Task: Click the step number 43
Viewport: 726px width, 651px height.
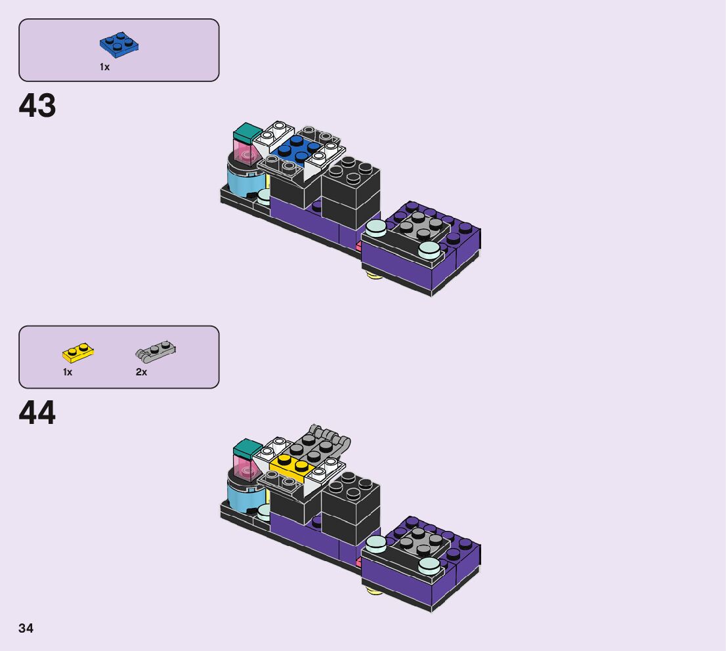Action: point(37,106)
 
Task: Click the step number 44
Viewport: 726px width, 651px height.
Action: point(37,413)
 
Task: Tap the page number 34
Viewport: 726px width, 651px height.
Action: point(26,629)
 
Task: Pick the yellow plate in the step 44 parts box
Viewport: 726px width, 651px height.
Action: point(78,353)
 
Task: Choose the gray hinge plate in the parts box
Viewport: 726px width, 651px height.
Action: point(156,352)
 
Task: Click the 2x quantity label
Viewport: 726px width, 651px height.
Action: point(141,372)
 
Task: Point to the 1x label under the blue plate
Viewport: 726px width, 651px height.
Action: point(104,67)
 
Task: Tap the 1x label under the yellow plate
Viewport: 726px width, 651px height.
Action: point(68,372)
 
